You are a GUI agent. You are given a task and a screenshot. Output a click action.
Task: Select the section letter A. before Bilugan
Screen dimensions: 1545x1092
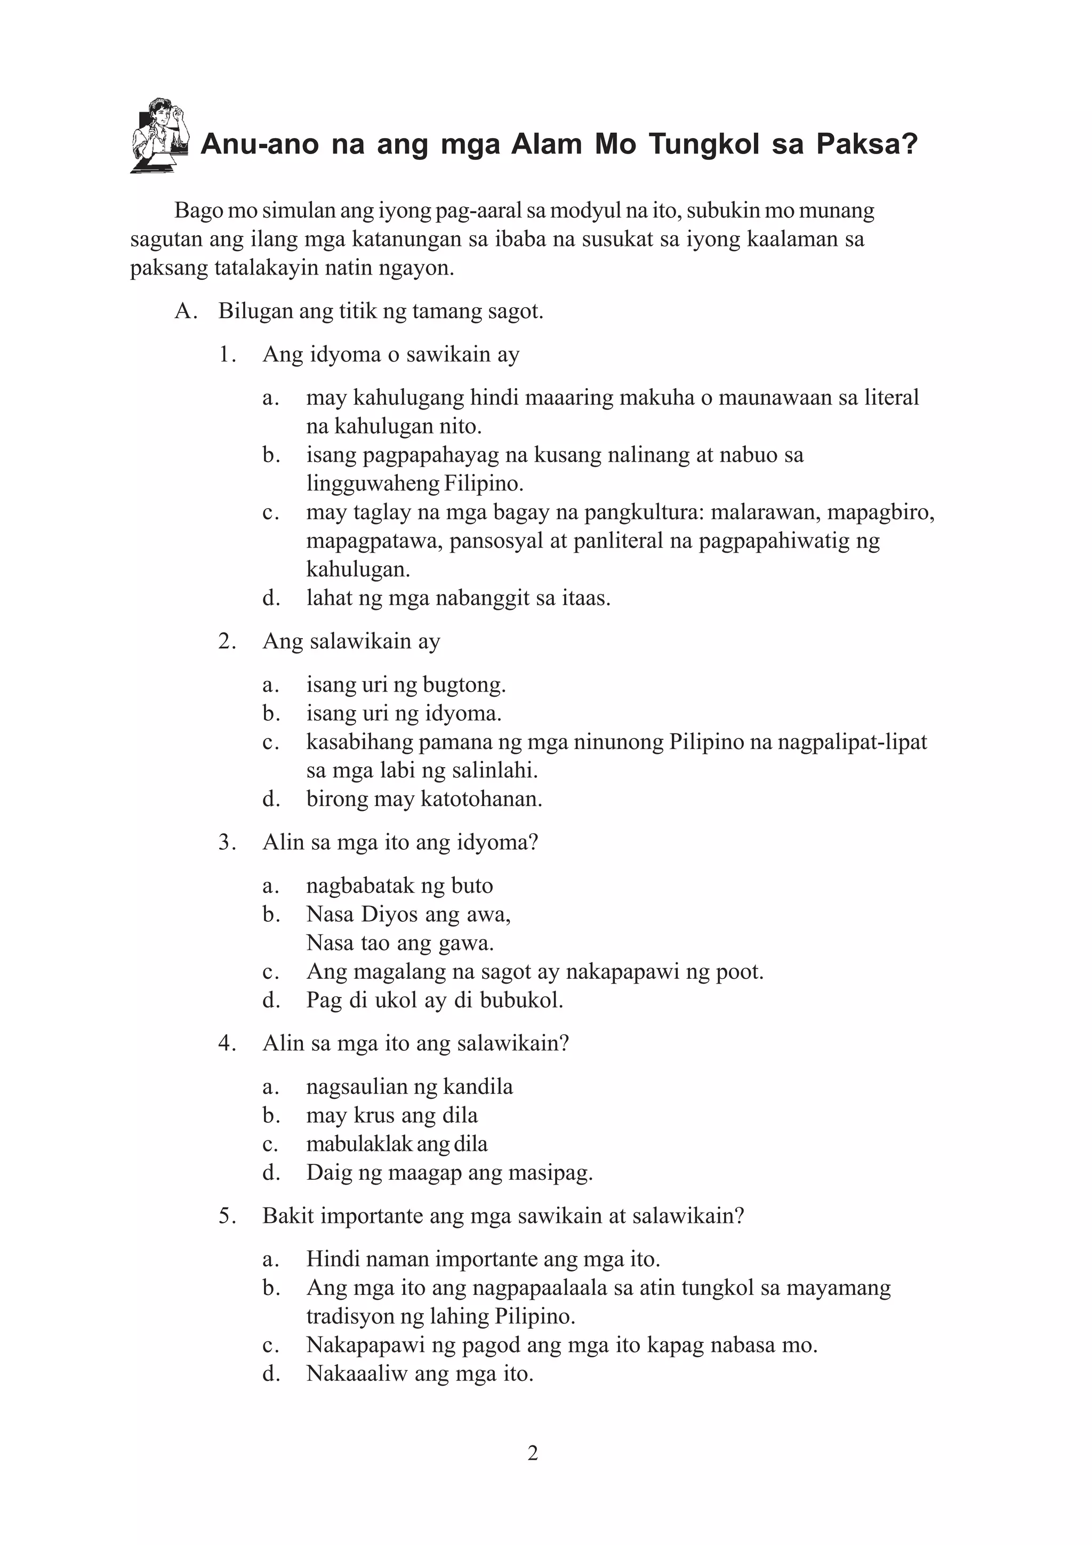pyautogui.click(x=185, y=311)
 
